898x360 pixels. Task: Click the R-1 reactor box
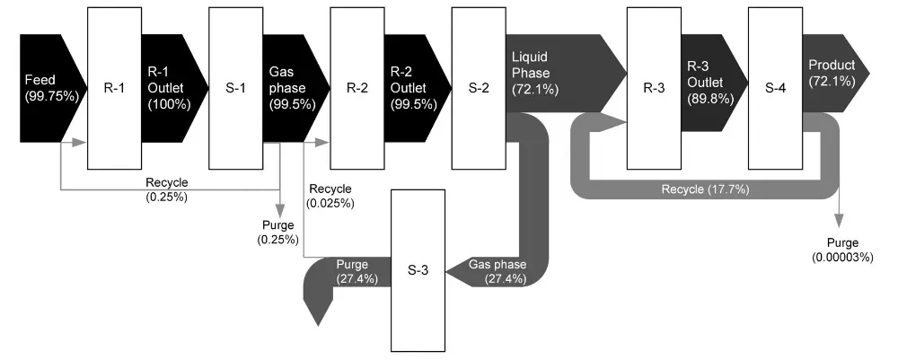click(x=113, y=88)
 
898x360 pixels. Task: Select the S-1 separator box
click(x=235, y=88)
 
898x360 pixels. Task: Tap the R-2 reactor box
click(x=357, y=88)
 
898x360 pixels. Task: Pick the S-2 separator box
click(x=479, y=88)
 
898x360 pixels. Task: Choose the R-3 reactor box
click(x=653, y=88)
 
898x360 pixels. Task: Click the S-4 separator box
click(x=774, y=88)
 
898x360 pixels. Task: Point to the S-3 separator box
click(x=418, y=270)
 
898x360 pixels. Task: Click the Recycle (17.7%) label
click(x=705, y=189)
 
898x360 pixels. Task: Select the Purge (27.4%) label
click(x=357, y=272)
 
